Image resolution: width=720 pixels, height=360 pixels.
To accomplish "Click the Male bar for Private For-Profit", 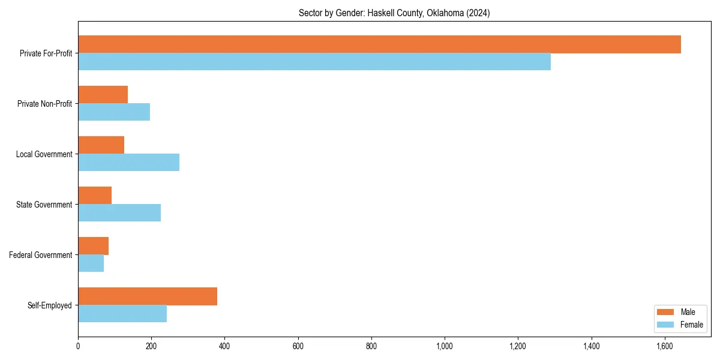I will pos(379,44).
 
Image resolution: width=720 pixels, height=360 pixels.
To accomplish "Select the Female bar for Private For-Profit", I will pos(314,62).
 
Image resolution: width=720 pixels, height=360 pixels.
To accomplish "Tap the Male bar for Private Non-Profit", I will pos(103,95).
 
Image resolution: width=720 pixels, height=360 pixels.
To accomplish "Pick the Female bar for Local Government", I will pos(128,163).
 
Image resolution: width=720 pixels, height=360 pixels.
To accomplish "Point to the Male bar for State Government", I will pos(95,196).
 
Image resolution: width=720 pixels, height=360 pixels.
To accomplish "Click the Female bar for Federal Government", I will pos(91,263).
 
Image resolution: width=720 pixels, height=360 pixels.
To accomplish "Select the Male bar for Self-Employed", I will pos(148,296).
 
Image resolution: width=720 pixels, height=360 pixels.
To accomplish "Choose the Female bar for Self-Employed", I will pos(122,314).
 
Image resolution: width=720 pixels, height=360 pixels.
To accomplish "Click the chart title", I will pos(394,13).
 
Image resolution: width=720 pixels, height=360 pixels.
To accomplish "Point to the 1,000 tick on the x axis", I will pos(445,346).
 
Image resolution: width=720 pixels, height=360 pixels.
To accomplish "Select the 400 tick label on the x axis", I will pos(224,346).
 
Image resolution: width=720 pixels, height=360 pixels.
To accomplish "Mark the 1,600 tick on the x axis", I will pos(665,346).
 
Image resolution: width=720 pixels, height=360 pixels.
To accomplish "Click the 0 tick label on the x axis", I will pos(78,346).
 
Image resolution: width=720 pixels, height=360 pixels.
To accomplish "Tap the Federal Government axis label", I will pos(41,255).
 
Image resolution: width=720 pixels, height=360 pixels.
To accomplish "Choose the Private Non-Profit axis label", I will pos(44,104).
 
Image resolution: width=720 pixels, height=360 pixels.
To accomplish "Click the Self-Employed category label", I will pos(50,305).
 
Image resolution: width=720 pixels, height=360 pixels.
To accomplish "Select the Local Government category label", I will pos(44,154).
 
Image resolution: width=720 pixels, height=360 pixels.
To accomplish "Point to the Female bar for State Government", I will pos(119,213).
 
